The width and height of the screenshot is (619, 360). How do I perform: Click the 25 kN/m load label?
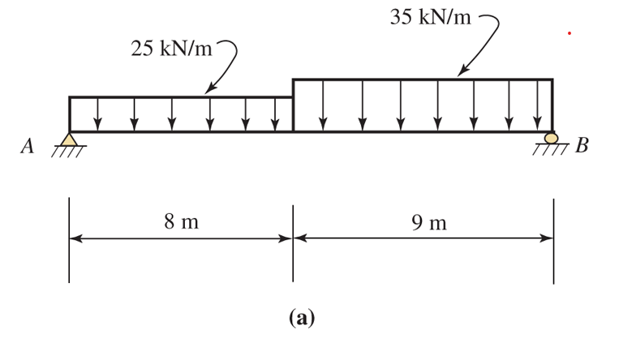point(170,49)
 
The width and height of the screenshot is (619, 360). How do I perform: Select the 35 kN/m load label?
point(430,18)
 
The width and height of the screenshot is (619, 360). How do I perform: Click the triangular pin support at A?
point(70,140)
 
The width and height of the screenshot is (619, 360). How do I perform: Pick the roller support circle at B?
point(552,139)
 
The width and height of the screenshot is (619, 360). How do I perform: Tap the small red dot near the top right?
point(570,33)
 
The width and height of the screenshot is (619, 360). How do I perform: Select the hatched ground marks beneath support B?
point(552,149)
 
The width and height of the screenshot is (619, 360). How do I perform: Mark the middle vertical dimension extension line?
point(293,243)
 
